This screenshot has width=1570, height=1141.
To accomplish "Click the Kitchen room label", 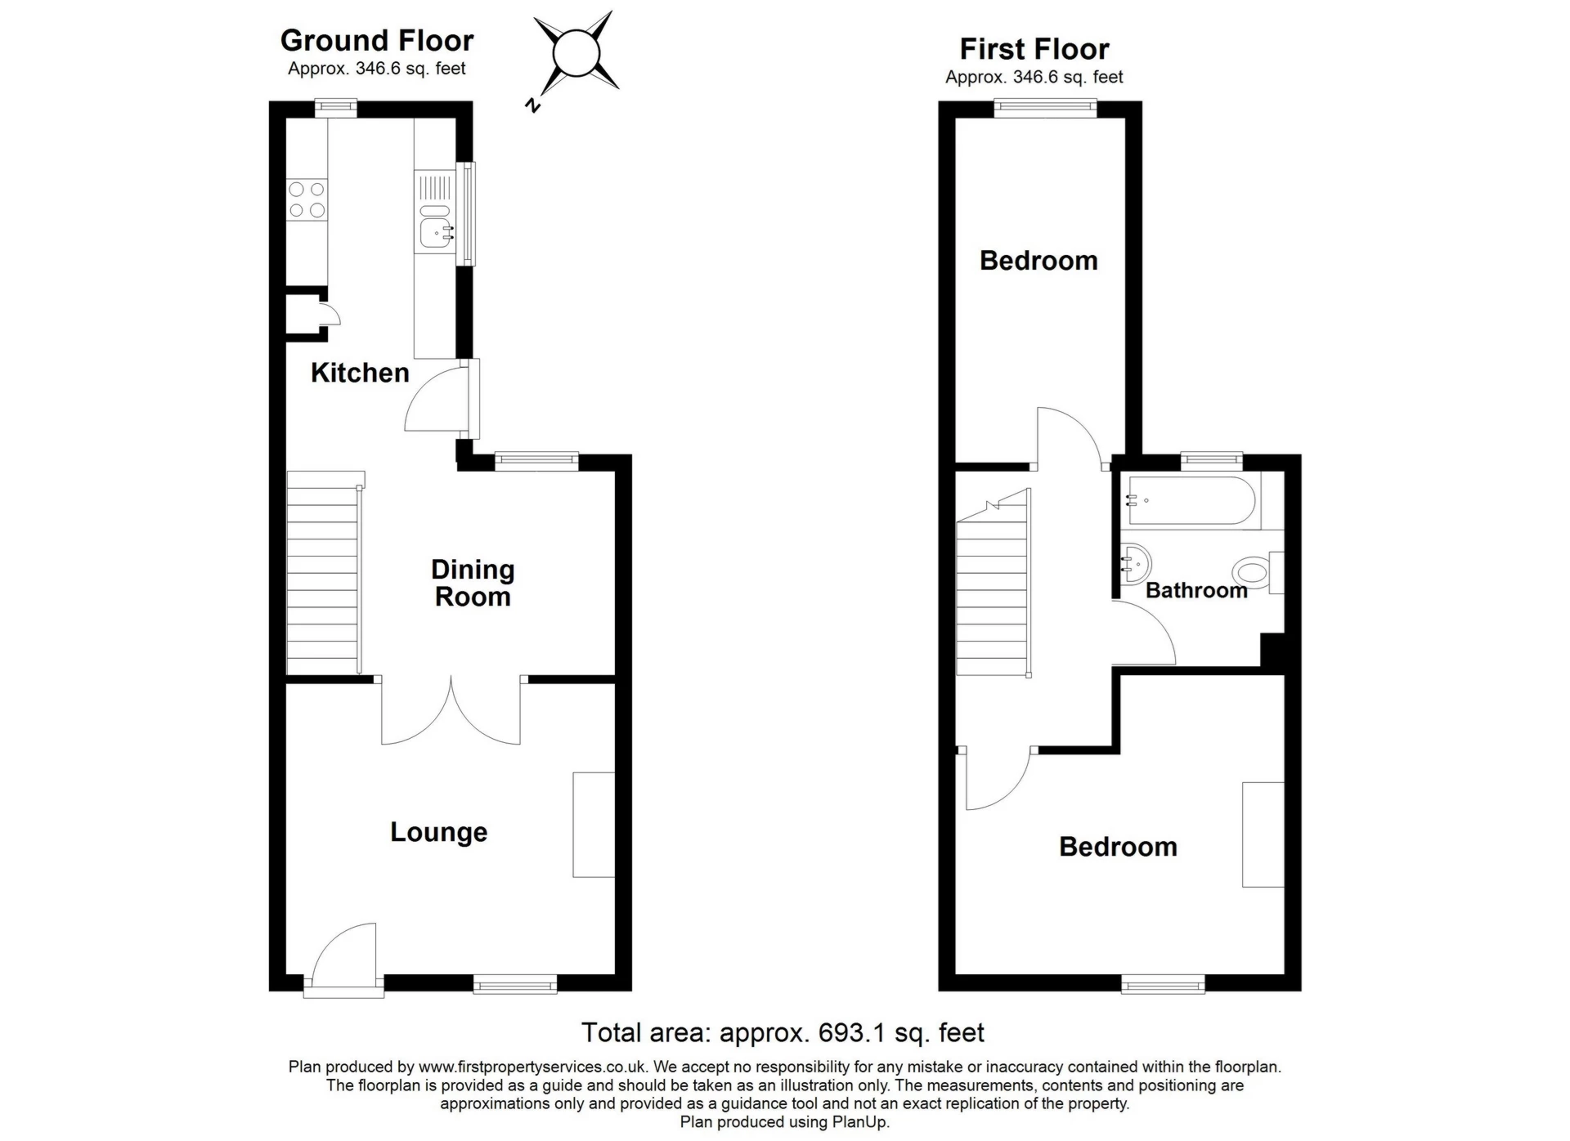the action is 360,373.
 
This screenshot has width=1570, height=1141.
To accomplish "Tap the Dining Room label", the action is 473,583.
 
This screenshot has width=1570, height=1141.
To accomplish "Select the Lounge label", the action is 438,832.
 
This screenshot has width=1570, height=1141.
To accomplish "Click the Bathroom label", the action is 1196,590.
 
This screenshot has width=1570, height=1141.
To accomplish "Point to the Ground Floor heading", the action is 377,40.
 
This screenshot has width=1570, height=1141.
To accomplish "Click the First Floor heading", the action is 1034,49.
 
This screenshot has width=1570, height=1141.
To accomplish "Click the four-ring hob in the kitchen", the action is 307,200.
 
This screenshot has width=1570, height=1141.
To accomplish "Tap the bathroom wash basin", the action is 1134,563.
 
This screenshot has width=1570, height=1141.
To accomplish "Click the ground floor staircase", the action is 325,574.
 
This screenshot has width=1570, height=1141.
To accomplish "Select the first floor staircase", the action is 994,584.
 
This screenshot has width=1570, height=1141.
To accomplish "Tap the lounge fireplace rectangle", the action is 594,825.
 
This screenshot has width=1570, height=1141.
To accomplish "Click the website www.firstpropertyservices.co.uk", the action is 533,1067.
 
